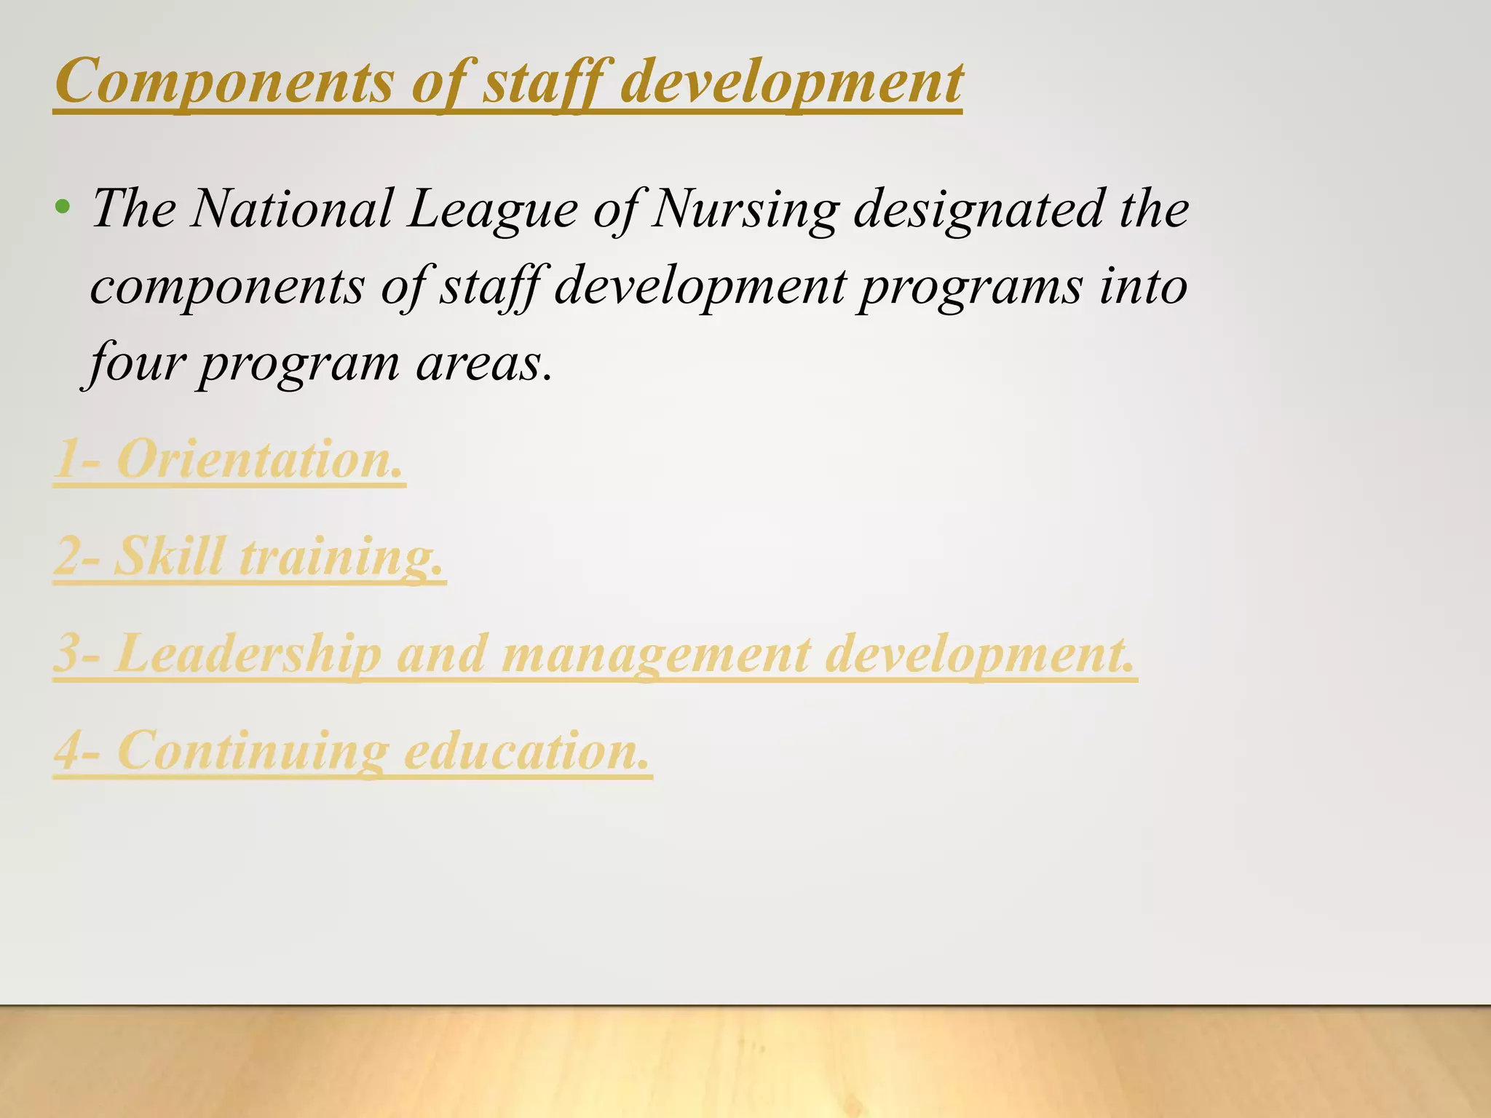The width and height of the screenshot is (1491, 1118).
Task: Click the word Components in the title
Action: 224,82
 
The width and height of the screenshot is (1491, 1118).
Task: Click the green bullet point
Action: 63,207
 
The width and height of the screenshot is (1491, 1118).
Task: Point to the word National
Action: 291,209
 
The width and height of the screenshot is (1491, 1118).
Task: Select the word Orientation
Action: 259,459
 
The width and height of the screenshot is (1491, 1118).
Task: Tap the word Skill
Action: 170,556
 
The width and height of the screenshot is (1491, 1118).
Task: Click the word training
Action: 341,558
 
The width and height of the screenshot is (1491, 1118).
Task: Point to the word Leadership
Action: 248,653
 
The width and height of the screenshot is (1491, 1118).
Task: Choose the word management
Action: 655,654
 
